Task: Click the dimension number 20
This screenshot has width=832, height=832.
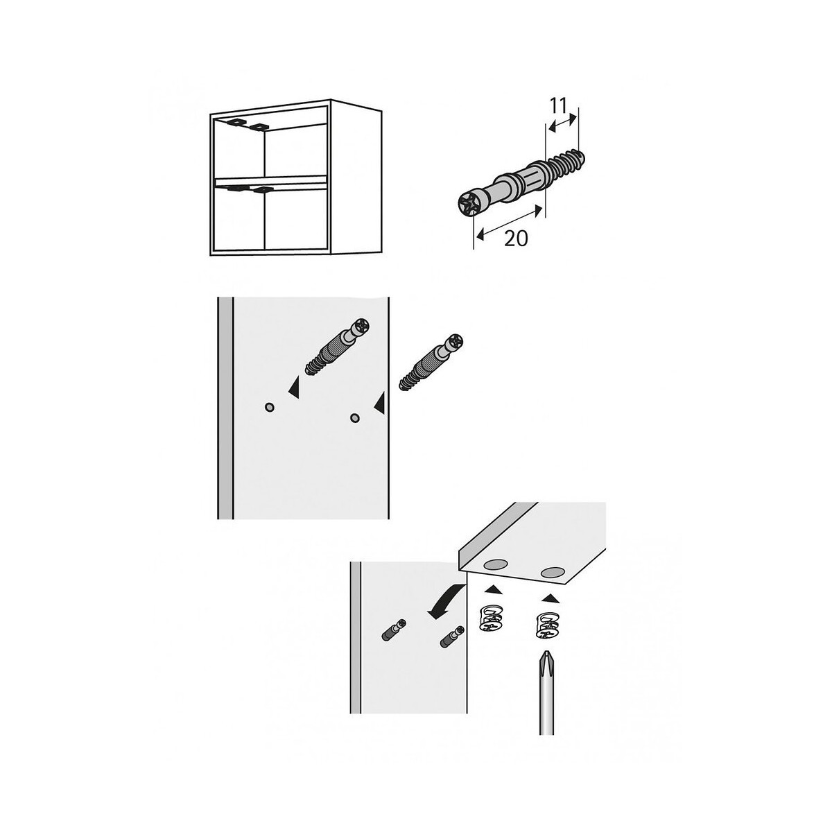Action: pyautogui.click(x=517, y=238)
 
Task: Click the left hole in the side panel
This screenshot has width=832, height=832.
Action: pyautogui.click(x=270, y=407)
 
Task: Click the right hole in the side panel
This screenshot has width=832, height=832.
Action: pyautogui.click(x=355, y=418)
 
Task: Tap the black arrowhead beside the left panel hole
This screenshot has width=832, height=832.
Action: pyautogui.click(x=293, y=388)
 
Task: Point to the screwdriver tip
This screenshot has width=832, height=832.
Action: pyautogui.click(x=546, y=664)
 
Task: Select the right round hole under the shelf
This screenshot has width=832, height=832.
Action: pyautogui.click(x=553, y=573)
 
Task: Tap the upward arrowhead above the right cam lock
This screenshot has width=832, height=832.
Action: pyautogui.click(x=550, y=598)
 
